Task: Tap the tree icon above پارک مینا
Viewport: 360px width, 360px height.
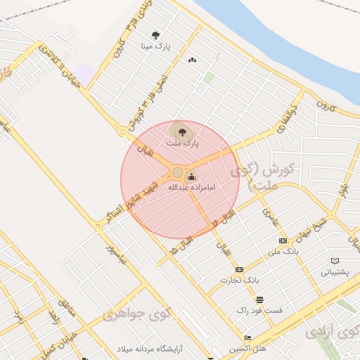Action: (155, 34)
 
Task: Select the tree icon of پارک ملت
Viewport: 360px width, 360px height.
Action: (182, 131)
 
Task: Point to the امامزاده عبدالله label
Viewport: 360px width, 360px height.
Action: (192, 188)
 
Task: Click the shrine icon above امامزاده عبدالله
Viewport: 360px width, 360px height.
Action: (192, 176)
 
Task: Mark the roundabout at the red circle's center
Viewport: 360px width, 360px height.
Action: (178, 172)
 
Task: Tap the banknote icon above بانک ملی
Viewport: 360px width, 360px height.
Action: (283, 240)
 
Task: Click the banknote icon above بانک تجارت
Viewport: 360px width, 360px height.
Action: (239, 269)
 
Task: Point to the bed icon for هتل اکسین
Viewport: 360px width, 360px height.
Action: (247, 338)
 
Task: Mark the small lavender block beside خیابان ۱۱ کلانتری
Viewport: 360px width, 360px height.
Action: (85, 72)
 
